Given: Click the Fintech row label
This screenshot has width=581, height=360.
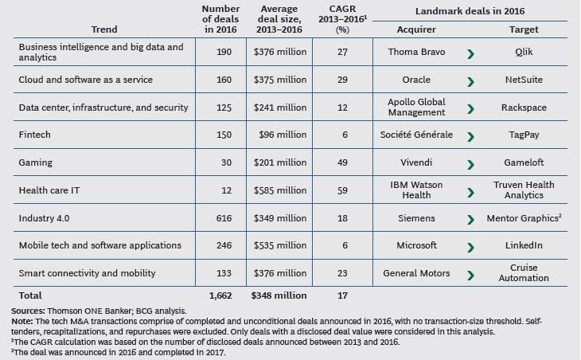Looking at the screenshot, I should pos(34,135).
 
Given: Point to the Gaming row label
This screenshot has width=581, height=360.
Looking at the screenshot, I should pos(35,162).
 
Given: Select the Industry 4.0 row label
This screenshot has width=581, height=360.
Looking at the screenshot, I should pos(44,217).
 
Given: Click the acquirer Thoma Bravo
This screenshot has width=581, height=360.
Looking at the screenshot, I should pos(415,53).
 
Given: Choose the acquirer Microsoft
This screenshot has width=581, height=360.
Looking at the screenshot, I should pos(416,245).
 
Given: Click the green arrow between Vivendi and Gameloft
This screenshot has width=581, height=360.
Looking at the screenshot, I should pos(472,163).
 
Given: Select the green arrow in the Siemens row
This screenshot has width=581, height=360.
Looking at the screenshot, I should pos(472,218).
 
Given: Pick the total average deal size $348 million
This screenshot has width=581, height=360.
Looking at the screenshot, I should pos(279,296).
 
